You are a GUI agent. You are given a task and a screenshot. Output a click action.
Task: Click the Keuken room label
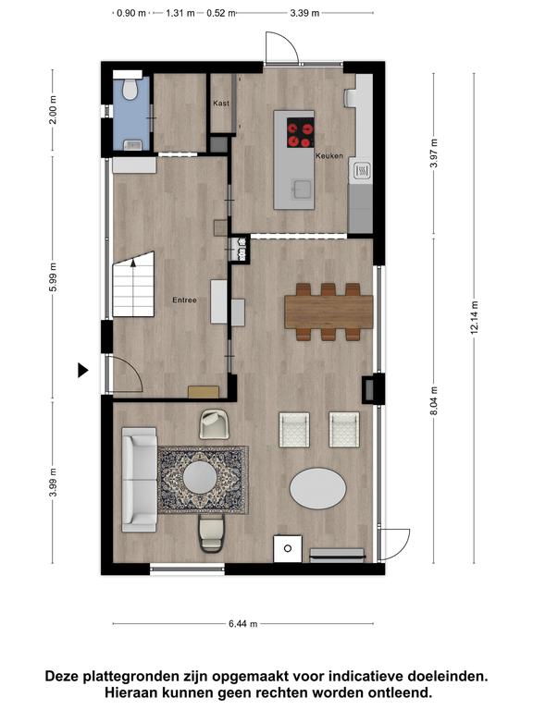point(329,155)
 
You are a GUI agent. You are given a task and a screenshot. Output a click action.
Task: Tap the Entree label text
point(184,300)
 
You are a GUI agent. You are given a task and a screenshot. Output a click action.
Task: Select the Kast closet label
point(221,104)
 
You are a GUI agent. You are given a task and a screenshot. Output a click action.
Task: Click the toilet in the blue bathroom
point(130,90)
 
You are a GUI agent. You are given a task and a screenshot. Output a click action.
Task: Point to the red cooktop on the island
point(301,133)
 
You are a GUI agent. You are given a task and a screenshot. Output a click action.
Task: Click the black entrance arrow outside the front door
point(82,371)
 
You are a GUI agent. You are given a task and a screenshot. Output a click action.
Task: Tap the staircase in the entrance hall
point(133,285)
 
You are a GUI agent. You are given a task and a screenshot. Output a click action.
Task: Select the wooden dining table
point(328,312)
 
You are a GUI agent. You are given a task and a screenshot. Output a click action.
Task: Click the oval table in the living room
point(317,488)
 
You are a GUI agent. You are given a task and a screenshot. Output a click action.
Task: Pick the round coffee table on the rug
point(200,477)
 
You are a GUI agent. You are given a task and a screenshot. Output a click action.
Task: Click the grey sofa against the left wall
point(139,479)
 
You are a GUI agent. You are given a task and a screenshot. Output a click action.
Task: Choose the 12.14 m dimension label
point(474,317)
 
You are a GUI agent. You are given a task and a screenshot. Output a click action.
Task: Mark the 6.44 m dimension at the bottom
point(243,624)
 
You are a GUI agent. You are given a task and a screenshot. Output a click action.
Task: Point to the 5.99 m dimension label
point(53,277)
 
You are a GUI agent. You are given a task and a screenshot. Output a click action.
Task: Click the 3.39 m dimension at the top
point(304,13)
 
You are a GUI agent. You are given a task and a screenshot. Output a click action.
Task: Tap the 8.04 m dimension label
point(434,400)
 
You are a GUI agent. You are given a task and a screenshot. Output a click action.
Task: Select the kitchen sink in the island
point(302,190)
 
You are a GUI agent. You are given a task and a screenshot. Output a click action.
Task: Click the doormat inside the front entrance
point(204,392)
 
